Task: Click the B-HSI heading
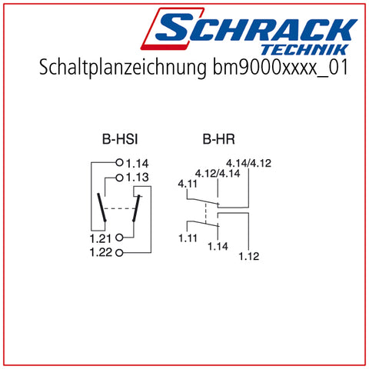120,140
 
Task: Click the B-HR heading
218,140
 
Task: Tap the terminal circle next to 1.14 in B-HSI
119,162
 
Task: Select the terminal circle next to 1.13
119,178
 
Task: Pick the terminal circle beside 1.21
119,238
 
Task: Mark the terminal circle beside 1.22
119,253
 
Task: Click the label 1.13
138,178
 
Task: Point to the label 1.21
101,238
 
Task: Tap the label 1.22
101,253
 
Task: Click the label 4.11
188,184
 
